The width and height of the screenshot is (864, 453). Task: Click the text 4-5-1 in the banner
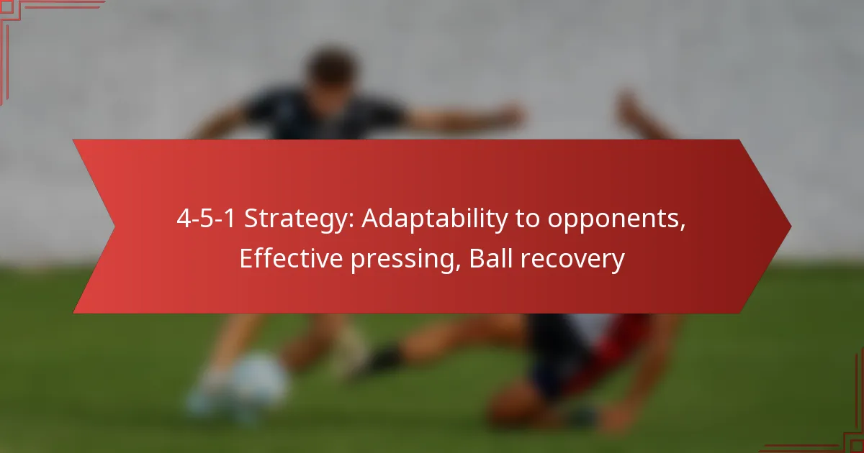coord(206,219)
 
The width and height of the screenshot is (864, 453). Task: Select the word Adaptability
coord(435,219)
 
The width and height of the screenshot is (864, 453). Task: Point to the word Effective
coord(291,258)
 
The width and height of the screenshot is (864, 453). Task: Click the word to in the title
coord(527,219)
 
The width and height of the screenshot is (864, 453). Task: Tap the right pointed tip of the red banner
coord(791,226)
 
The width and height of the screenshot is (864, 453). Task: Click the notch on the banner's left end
coord(114,226)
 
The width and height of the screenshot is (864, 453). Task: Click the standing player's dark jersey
coord(324,116)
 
